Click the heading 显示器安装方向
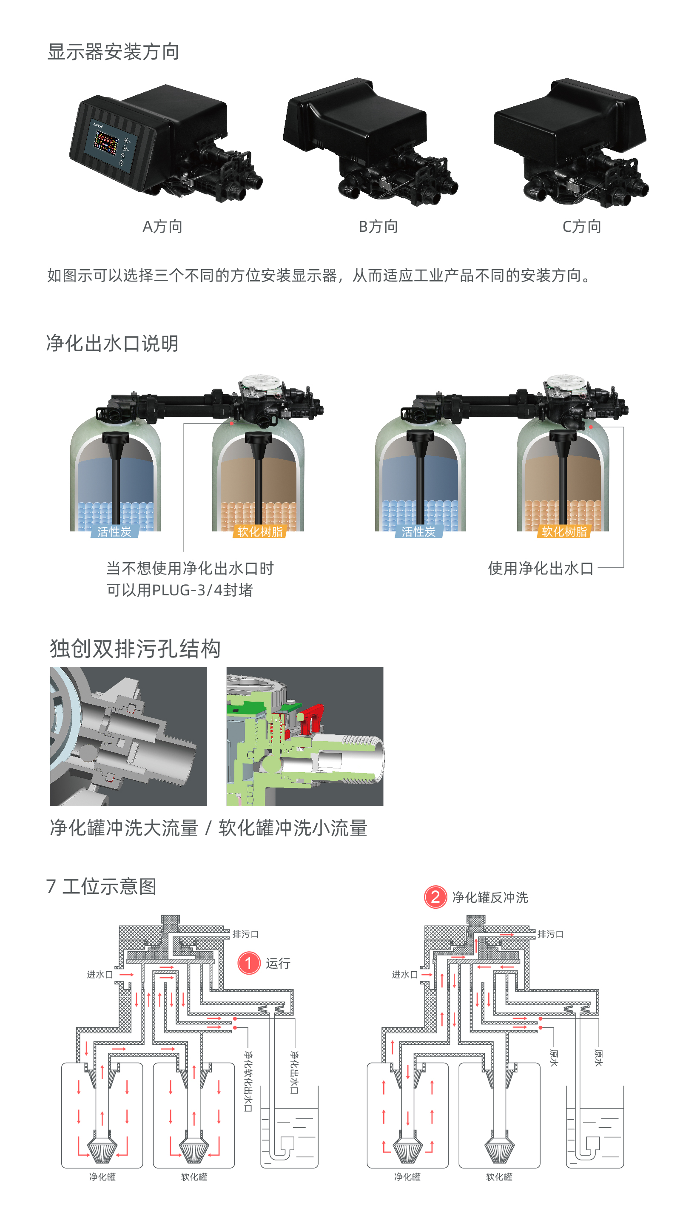114,52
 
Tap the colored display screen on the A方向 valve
106,143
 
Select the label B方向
378,226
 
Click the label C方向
582,226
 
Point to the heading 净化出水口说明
113,343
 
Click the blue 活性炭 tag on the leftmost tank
114,532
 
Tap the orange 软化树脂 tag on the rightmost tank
564,532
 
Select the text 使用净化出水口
541,568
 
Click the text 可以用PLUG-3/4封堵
179,590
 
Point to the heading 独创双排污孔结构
135,648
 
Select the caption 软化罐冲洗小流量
293,828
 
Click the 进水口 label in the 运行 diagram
100,974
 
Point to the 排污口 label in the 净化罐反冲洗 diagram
550,934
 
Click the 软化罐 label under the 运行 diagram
194,1177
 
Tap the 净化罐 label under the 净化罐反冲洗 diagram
407,1177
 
